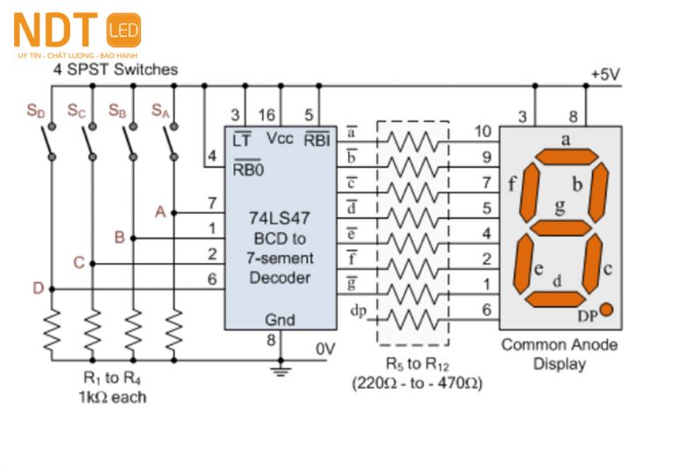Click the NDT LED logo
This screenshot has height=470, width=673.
77,32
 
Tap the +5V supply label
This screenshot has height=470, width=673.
605,75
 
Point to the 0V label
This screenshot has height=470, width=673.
325,349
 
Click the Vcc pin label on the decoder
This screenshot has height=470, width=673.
280,139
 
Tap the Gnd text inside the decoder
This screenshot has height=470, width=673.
280,320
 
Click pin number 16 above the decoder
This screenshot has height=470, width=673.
267,115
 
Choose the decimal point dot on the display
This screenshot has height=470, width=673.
606,310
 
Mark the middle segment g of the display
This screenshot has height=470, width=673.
562,228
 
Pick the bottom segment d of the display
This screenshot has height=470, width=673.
556,299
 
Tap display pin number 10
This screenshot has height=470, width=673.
482,132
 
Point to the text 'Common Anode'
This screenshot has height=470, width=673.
559,345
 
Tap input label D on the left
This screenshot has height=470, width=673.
38,288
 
